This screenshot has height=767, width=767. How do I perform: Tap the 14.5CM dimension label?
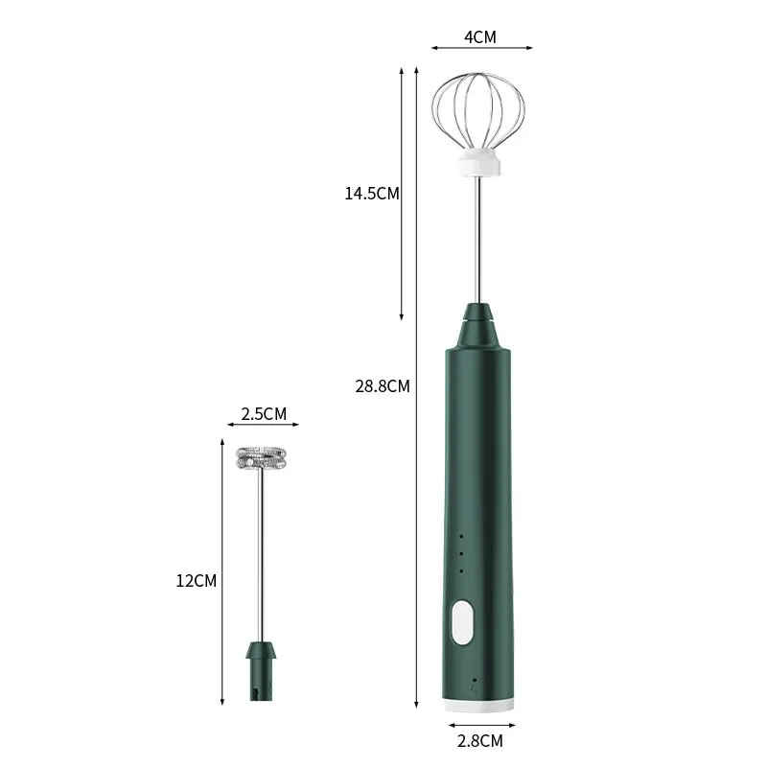pos(372,193)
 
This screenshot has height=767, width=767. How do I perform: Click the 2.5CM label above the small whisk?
pos(262,414)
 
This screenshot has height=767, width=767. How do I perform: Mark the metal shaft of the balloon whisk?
pos(476,240)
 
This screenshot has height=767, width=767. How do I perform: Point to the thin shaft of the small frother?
pos(261,556)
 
